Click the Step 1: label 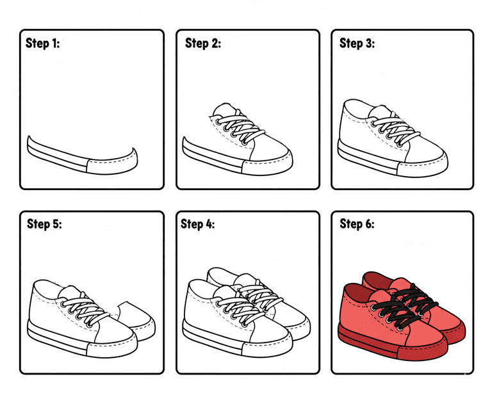pos(42,44)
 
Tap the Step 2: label pos(203,44)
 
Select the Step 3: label pos(357,44)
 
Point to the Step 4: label pos(198,224)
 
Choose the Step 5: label pos(45,224)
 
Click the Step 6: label pos(357,224)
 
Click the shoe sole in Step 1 pos(82,157)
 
